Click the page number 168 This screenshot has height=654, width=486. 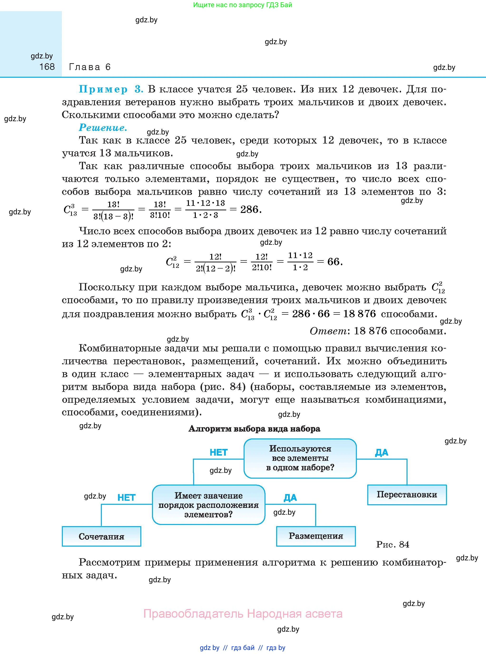click(x=47, y=67)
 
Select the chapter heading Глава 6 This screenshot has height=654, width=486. click(x=90, y=67)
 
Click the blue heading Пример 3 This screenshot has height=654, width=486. click(x=111, y=89)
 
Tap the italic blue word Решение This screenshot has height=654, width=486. click(x=103, y=128)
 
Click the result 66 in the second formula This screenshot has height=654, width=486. click(x=333, y=262)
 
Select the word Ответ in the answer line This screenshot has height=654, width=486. click(x=328, y=331)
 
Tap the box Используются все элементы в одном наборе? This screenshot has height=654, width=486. click(x=300, y=458)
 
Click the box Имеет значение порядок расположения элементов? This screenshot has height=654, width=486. click(x=208, y=505)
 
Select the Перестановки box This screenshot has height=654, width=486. click(x=407, y=495)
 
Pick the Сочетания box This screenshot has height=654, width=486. click(x=102, y=536)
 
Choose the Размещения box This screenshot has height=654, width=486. click(x=316, y=536)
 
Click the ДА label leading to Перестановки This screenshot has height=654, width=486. click(x=382, y=452)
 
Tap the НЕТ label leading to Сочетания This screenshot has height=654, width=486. click(x=127, y=498)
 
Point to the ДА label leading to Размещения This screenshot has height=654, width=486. click(x=290, y=498)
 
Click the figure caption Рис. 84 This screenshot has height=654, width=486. click(x=393, y=545)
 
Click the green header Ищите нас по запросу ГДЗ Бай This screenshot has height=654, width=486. click(x=243, y=5)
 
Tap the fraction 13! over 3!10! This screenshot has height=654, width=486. click(x=160, y=210)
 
